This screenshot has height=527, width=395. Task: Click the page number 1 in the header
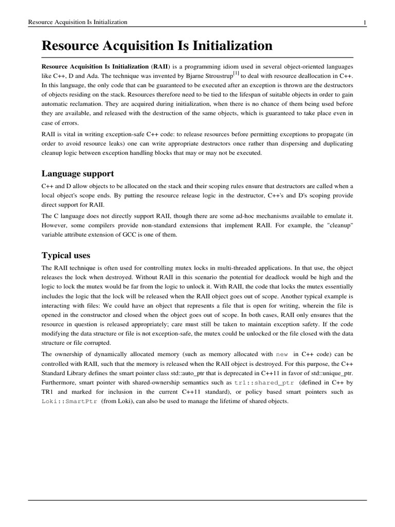[x=365, y=22]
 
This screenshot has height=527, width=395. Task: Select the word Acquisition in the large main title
[x=138, y=46]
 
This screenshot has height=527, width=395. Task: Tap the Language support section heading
[x=78, y=173]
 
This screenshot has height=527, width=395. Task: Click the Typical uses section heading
[x=66, y=255]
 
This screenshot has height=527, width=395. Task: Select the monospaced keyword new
[x=282, y=355]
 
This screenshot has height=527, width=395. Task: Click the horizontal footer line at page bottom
[x=197, y=500]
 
